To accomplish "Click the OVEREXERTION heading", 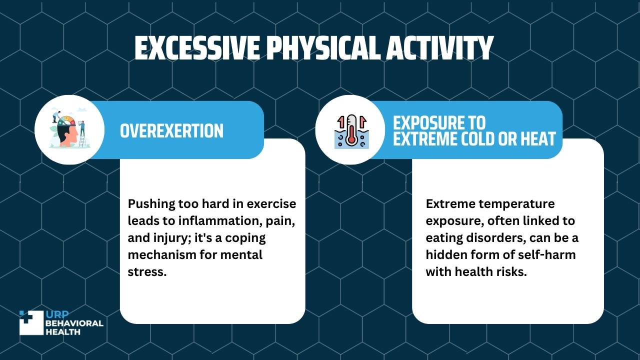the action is click(171, 131).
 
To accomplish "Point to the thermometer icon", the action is click(352, 131).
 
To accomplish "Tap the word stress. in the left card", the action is click(147, 272).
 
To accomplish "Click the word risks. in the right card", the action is click(511, 271).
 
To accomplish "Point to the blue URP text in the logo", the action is click(57, 314).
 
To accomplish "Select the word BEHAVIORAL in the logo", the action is click(74, 323).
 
